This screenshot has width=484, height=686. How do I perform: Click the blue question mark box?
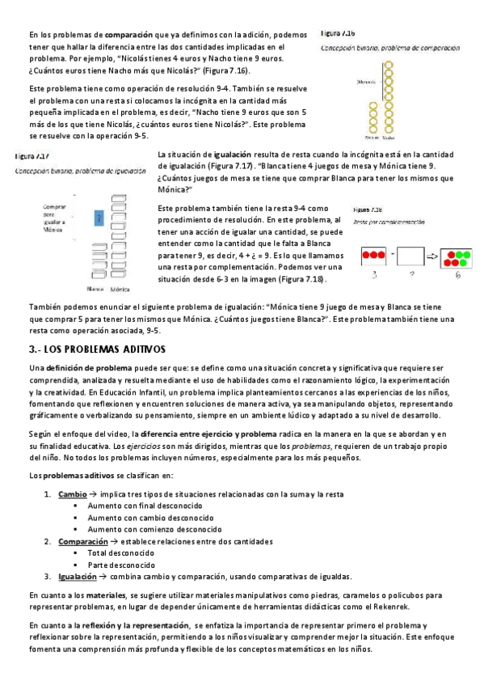click(98, 218)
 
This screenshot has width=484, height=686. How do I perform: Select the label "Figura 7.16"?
click(337, 34)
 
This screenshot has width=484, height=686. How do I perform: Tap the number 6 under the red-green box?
click(457, 276)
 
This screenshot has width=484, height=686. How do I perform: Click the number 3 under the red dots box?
click(372, 276)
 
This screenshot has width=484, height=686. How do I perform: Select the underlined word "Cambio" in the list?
click(73, 493)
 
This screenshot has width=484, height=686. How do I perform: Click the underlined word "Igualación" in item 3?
click(78, 577)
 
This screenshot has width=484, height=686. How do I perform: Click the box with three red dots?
click(372, 256)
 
